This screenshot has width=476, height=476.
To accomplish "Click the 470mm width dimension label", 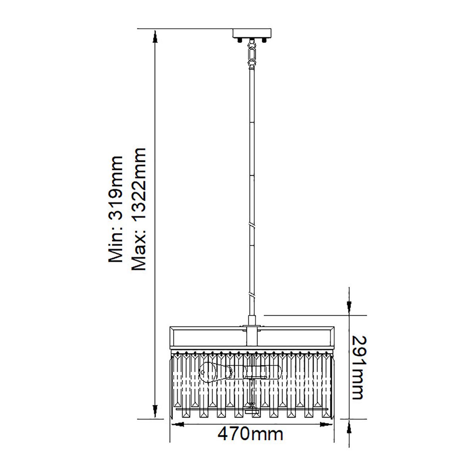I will pyautogui.click(x=250, y=434).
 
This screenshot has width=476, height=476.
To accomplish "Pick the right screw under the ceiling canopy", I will pyautogui.click(x=265, y=40).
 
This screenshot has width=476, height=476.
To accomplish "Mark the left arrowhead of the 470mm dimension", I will pyautogui.click(x=177, y=424).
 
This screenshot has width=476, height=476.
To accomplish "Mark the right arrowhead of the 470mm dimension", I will pyautogui.click(x=327, y=424).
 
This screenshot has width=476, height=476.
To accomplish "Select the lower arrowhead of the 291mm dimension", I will pyautogui.click(x=349, y=426).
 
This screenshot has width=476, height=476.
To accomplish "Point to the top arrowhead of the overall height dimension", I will pyautogui.click(x=155, y=37).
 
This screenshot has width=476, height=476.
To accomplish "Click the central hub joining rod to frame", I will pyautogui.click(x=251, y=329).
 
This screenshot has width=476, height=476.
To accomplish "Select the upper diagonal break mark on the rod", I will pyautogui.click(x=251, y=225).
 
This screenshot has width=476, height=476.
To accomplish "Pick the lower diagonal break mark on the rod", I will pyautogui.click(x=251, y=295).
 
